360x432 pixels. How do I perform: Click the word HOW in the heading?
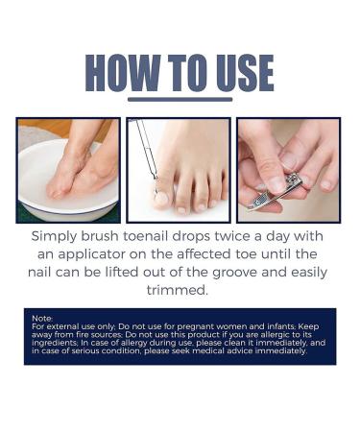(x=123, y=73)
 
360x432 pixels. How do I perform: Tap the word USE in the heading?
(x=245, y=73)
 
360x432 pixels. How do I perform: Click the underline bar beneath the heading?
(x=180, y=100)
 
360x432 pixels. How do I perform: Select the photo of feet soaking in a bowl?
(x=68, y=170)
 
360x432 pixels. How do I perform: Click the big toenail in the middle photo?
(x=161, y=199)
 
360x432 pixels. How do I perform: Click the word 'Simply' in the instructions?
(x=55, y=237)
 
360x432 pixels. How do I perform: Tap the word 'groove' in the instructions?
(x=235, y=273)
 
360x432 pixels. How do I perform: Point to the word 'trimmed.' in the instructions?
(x=178, y=290)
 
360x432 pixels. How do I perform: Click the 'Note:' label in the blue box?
(x=42, y=319)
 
